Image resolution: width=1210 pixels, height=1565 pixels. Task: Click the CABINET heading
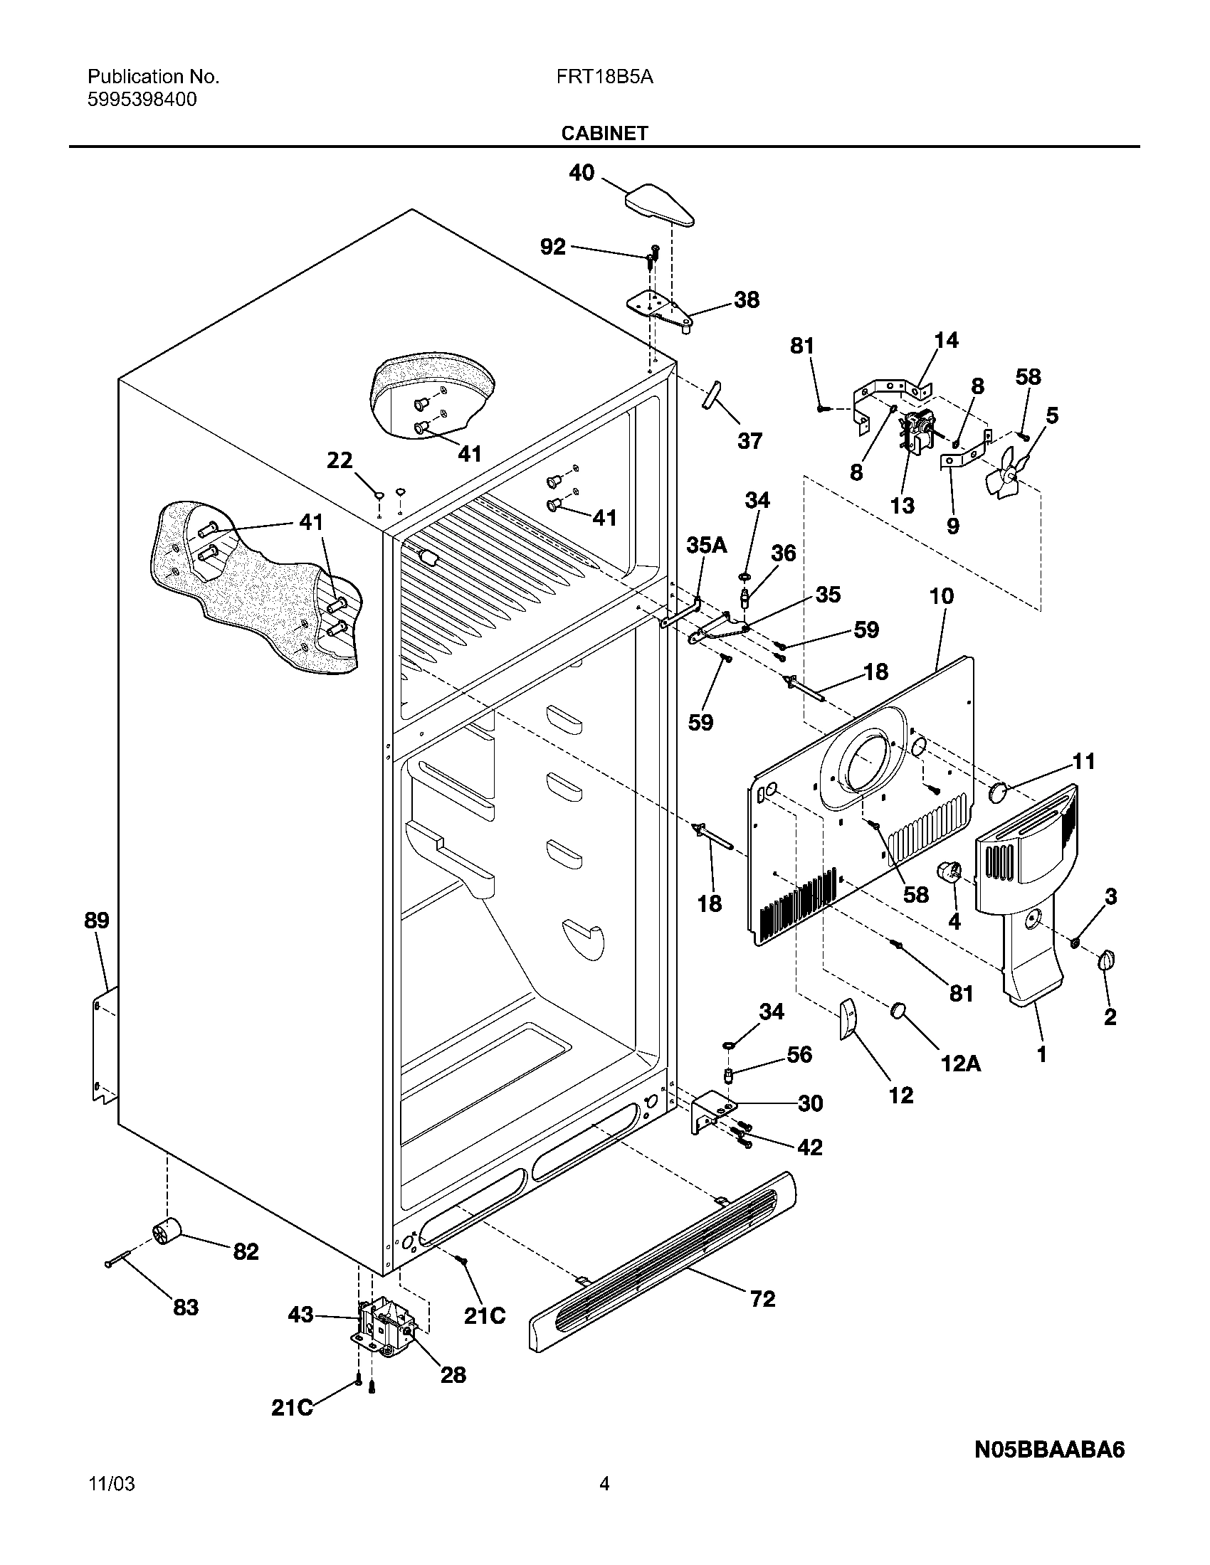pos(604,133)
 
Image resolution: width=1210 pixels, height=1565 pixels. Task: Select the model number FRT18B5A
pos(604,78)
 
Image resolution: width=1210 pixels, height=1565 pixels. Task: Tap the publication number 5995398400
pos(142,100)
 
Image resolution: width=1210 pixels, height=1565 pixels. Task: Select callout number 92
pos(552,248)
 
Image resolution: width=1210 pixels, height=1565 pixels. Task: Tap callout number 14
pos(946,340)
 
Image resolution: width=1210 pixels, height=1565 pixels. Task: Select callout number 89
pos(97,920)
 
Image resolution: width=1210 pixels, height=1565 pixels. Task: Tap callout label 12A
pos(961,1063)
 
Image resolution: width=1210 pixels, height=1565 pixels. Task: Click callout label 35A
pos(706,546)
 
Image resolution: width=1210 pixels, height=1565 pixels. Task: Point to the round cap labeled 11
pos(999,792)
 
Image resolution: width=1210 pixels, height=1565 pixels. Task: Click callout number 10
pos(942,595)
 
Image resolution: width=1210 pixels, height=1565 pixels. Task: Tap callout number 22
pos(340,460)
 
